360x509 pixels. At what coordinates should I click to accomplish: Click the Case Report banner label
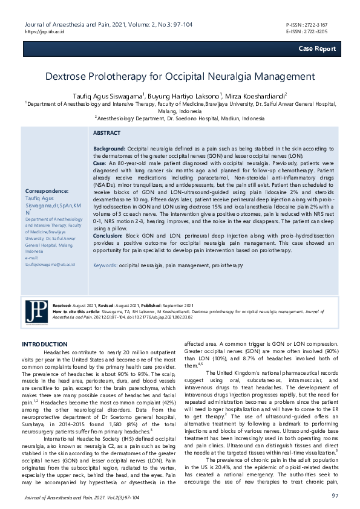tap(316, 48)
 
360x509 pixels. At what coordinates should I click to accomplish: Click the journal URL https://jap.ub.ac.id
tap(45, 31)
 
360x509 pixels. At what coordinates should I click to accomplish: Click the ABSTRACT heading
tap(108, 132)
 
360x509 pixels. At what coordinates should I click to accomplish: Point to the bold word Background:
tap(109, 148)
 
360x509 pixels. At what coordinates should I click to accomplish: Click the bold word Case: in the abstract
tap(100, 163)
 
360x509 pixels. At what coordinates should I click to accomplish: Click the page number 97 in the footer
tap(335, 496)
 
